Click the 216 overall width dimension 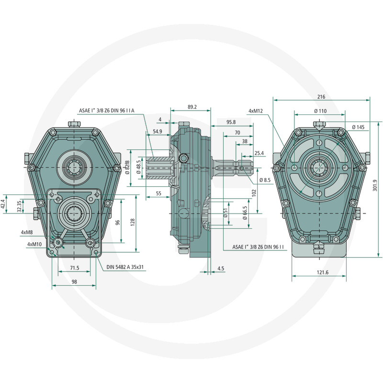click(321, 97)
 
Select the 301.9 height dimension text click(375, 185)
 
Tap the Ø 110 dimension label click(320, 111)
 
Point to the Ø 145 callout click(358, 127)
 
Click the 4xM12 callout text click(256, 111)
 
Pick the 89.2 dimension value click(192, 107)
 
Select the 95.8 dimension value click(231, 122)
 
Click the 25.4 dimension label click(259, 153)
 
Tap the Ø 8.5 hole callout click(265, 180)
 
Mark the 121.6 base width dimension click(322, 272)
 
